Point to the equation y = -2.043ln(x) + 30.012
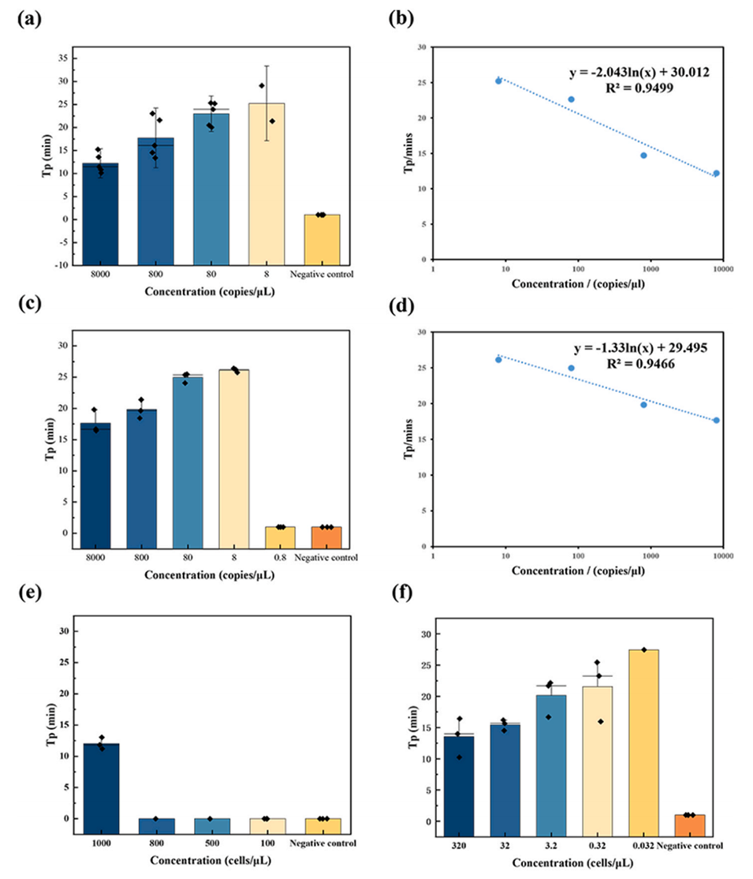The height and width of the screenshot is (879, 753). pos(639,73)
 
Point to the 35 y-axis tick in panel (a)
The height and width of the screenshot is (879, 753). pos(60,58)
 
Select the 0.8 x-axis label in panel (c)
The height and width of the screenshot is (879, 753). pos(280,558)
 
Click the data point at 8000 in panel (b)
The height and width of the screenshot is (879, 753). pos(716,173)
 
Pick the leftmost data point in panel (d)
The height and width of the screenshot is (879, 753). pos(498,360)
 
